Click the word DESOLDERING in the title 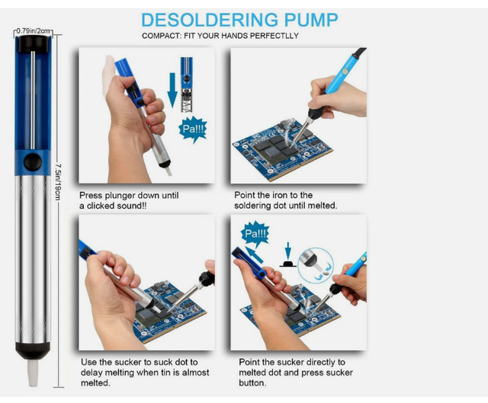[x=209, y=20]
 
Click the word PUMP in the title [x=311, y=20]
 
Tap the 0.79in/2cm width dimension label [x=33, y=30]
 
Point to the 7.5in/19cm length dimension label [x=58, y=182]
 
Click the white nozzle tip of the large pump [x=33, y=373]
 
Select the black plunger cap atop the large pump [x=33, y=43]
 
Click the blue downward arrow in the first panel [x=172, y=90]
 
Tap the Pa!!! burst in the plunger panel [x=193, y=129]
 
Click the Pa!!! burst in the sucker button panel [x=255, y=234]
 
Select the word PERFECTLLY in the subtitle [x=274, y=36]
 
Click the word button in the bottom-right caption [x=252, y=382]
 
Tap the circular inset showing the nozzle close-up [x=316, y=265]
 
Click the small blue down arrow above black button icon [x=288, y=250]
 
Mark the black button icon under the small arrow [x=288, y=264]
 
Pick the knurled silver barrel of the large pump [x=33, y=259]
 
